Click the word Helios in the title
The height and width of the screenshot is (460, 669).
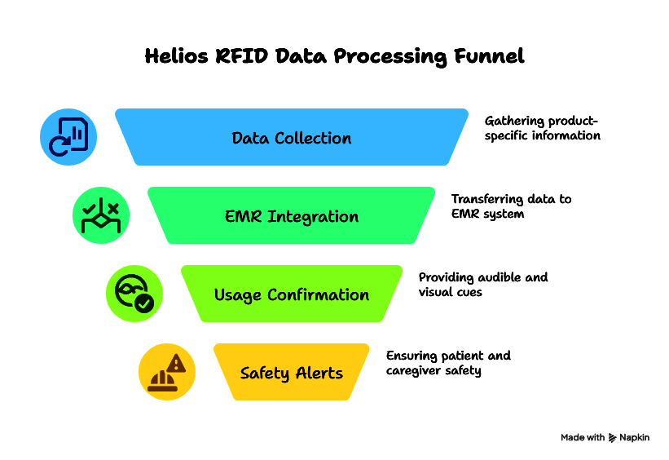click(176, 56)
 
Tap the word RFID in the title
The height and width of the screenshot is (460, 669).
click(241, 56)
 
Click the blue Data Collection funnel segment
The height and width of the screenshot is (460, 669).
click(292, 137)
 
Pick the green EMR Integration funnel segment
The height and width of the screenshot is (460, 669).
click(292, 215)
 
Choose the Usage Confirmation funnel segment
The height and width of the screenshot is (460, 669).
click(292, 294)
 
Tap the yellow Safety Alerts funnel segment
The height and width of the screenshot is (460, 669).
click(292, 372)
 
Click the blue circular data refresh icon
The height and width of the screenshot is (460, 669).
click(68, 137)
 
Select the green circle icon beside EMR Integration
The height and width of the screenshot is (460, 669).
click(101, 215)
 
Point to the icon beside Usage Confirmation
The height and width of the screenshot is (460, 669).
click(134, 294)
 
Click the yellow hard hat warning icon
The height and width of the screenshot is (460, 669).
click(167, 372)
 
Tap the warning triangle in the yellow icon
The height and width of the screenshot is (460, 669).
click(176, 364)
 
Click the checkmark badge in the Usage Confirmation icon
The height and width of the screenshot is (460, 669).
click(144, 303)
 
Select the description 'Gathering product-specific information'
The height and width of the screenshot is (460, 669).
click(542, 128)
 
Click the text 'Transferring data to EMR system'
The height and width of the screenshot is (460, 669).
click(511, 206)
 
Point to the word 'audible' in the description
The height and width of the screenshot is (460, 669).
click(500, 277)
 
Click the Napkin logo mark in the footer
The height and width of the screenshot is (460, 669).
click(612, 438)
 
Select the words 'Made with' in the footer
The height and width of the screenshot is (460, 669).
click(583, 437)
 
